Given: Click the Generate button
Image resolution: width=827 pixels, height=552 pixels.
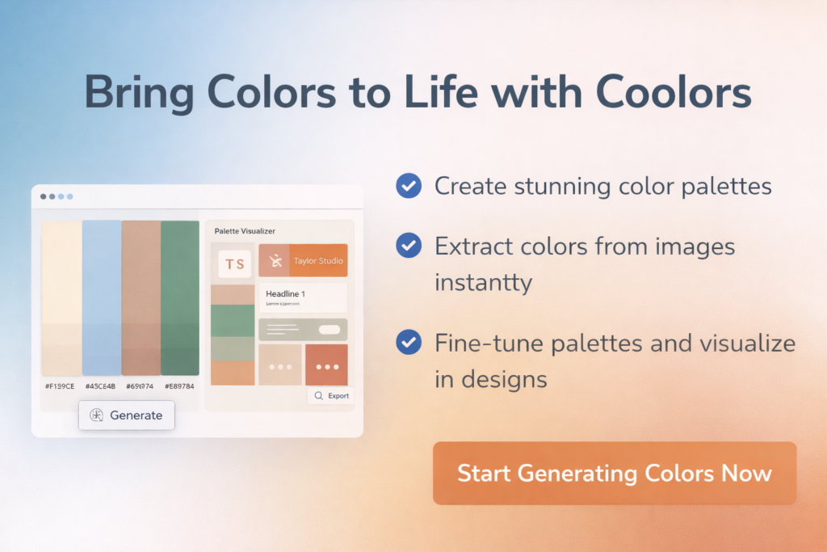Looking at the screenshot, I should tap(127, 415).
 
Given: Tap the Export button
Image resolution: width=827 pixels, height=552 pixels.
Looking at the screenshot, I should tap(331, 396).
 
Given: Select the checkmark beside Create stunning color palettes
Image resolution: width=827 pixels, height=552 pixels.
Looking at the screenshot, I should tap(409, 187).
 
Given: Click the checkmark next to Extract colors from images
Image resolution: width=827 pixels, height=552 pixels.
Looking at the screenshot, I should tap(409, 246).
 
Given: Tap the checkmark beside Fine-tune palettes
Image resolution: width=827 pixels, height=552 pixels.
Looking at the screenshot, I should tap(409, 343).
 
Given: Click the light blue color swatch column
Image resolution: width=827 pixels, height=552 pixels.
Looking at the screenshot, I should tap(102, 297).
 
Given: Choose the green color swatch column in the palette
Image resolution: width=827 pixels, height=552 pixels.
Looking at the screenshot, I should tap(180, 297).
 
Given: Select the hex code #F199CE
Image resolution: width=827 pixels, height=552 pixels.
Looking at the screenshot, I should tap(61, 386).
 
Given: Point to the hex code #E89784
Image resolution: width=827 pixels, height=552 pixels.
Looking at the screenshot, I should tap(179, 386).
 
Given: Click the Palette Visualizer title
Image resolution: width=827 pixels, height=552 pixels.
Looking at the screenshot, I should tap(245, 231).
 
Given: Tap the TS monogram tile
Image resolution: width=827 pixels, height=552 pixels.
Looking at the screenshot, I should tap(235, 263).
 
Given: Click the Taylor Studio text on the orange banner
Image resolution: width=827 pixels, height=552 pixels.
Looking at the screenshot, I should tap(318, 261).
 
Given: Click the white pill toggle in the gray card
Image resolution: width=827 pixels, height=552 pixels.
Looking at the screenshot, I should tap(330, 329).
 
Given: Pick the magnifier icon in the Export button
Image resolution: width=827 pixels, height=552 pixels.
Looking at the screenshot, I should tap(319, 396).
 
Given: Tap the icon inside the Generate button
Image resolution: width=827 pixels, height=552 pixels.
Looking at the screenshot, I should tap(97, 415).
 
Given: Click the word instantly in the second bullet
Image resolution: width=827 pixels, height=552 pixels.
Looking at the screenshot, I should tap(484, 283).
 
